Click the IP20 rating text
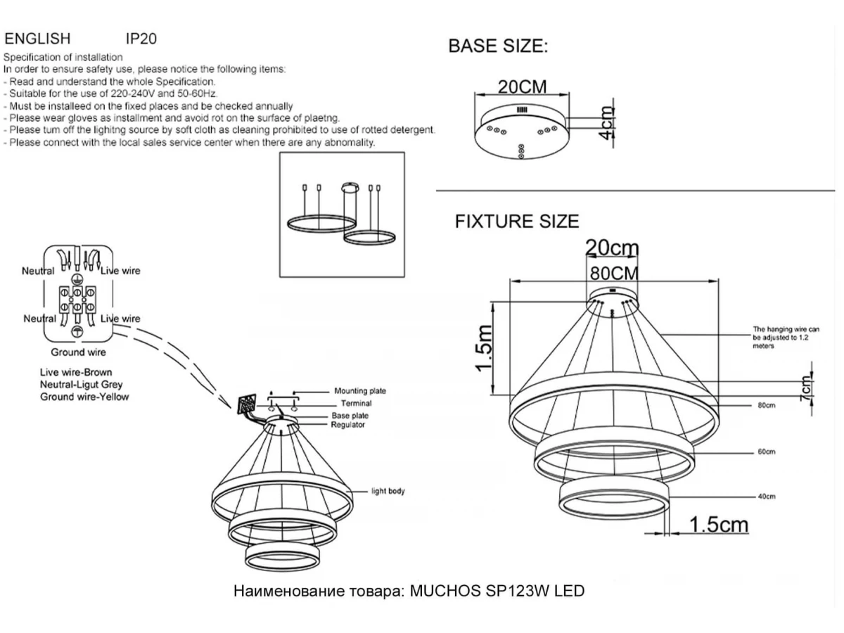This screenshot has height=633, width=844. coord(141,39)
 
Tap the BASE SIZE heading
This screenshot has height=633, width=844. coord(497,46)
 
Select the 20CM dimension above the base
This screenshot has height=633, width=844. coord(522,87)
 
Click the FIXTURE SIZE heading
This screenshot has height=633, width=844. coord(517,222)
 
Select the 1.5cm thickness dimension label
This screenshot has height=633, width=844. coord(718,525)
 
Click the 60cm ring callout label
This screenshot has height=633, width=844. coord(767,452)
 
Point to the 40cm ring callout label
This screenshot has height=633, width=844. coord(767,497)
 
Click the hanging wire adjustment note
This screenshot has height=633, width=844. coord(786,338)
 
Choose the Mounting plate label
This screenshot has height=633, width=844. coord(359,391)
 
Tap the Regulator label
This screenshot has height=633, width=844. coord(348,425)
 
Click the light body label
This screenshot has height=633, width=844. coord(388,491)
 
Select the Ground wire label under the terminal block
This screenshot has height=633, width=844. coord(78,352)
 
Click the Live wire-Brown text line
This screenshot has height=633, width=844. coord(76,372)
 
